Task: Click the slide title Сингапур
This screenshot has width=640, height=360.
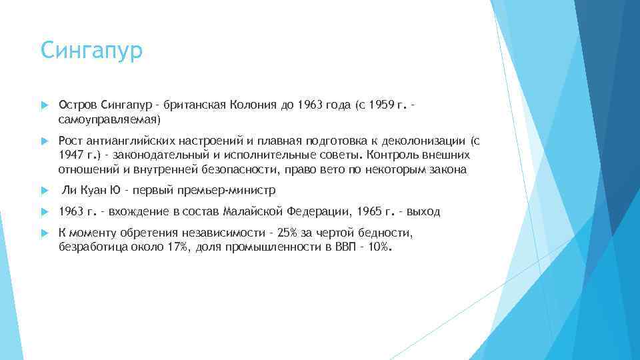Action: pyautogui.click(x=91, y=51)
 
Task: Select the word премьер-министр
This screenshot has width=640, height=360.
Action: pyautogui.click(x=225, y=191)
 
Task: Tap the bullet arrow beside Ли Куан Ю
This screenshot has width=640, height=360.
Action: pyautogui.click(x=44, y=191)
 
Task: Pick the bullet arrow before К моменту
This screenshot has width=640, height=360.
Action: pyautogui.click(x=44, y=233)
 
